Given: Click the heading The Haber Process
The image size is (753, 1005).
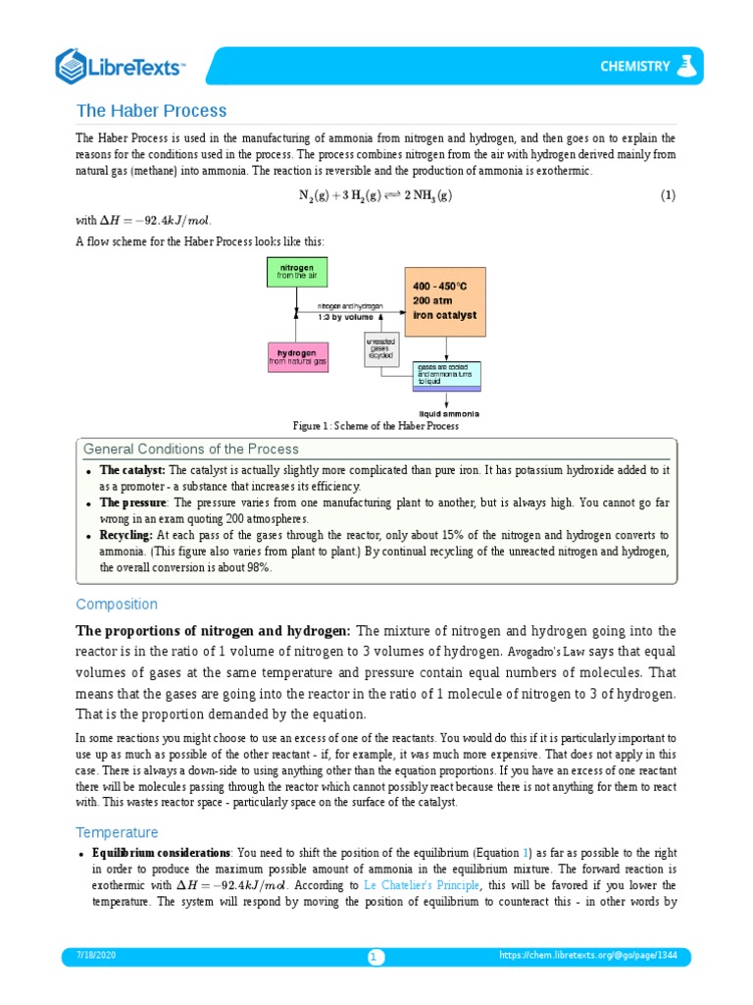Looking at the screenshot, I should point(151,111).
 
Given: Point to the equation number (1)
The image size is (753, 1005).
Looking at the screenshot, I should point(667,195).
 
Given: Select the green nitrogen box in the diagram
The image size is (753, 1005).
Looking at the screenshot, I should point(296,272).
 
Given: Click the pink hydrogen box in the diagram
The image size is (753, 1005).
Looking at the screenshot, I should point(298,357).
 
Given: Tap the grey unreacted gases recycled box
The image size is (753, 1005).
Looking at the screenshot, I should point(381,348).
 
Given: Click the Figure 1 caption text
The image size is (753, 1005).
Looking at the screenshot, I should point(376,426).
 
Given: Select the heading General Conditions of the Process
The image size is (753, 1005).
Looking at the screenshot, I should point(191,449).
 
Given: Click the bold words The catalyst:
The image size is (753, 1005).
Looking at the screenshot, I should point(132,471).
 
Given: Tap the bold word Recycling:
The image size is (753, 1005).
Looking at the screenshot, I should point(126,535).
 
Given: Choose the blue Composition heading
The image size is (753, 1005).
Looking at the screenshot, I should point(116,604).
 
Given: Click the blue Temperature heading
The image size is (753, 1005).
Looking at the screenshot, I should point(117,832).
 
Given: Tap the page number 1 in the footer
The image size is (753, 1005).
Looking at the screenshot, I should point(376,957).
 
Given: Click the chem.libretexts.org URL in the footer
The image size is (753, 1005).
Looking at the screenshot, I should point(594,955).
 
